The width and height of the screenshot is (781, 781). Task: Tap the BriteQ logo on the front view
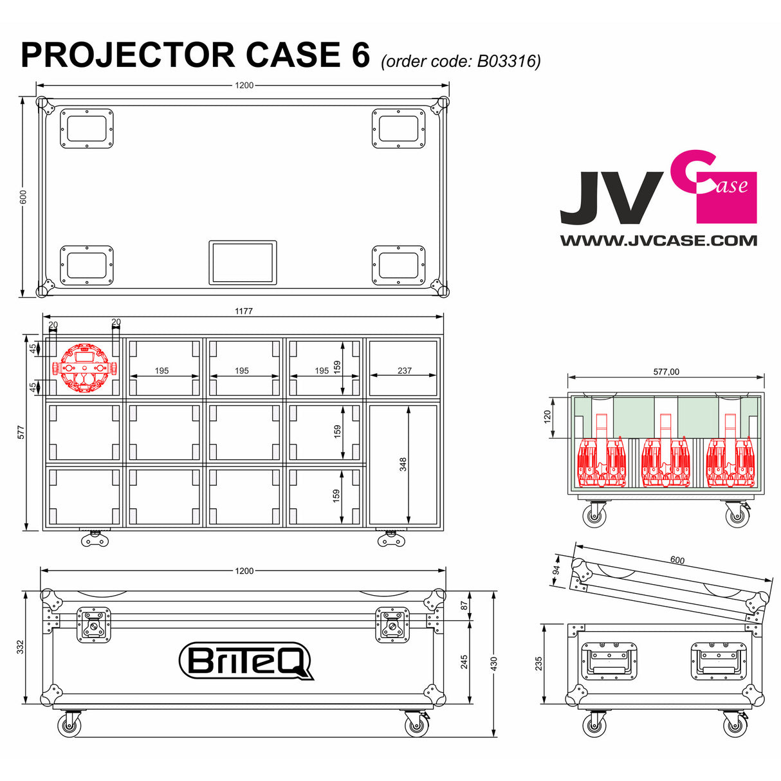point(245,660)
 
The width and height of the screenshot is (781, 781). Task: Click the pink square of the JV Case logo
point(727,198)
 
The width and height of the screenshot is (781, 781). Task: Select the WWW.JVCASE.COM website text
point(658,241)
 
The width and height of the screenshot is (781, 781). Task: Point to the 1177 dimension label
point(243,311)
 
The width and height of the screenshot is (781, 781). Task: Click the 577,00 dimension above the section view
point(666,372)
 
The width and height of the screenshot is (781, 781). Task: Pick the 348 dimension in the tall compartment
point(403,464)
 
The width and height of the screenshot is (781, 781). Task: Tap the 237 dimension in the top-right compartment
point(404,371)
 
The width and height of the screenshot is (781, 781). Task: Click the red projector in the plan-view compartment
point(83,368)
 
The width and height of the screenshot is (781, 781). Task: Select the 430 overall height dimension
point(493,662)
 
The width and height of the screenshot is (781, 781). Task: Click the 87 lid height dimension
point(464,605)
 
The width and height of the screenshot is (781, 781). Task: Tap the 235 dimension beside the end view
point(539,663)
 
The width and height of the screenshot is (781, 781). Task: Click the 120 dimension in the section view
point(547,417)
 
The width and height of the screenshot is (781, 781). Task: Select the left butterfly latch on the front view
point(94,625)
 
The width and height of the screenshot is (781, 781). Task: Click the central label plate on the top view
point(243,262)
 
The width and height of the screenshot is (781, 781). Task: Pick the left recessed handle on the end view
point(609,661)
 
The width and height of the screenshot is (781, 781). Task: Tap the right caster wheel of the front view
point(416,725)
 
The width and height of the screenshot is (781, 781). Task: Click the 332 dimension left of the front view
point(21,647)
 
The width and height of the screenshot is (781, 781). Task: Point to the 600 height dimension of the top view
point(23,196)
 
